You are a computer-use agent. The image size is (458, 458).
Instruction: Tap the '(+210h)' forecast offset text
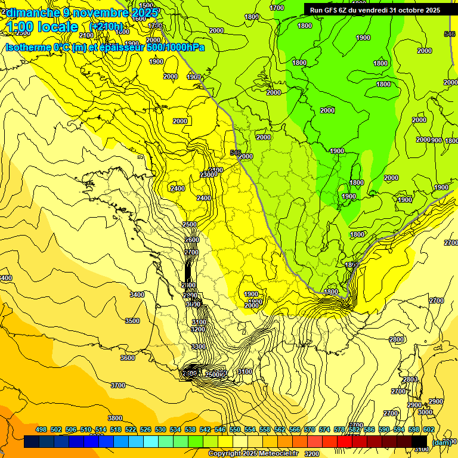106,27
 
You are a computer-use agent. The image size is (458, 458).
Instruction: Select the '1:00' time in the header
18,27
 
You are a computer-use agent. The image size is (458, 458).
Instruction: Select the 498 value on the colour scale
41,429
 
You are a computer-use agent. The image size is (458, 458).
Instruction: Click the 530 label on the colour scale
160,429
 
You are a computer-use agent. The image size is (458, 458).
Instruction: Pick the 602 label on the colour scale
428,429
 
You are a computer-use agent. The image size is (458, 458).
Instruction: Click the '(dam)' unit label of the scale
441,442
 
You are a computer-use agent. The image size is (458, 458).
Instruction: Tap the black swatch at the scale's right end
420,442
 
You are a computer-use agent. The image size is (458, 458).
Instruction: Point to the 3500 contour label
132,321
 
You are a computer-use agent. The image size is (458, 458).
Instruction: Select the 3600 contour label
128,358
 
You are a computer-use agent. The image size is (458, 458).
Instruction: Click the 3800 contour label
115,418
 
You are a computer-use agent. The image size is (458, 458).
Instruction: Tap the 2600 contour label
191,240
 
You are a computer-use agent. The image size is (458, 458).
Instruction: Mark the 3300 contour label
198,346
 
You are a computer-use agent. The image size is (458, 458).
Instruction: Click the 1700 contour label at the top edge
277,8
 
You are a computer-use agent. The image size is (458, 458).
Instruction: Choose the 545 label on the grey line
236,153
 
